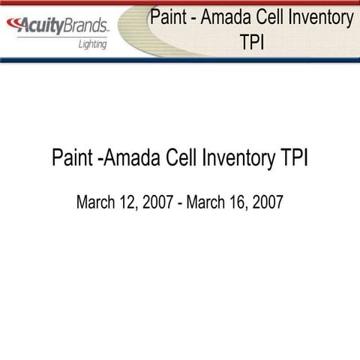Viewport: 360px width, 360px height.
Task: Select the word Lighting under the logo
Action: pyautogui.click(x=93, y=44)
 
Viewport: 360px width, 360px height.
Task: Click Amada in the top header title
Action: pyautogui.click(x=228, y=17)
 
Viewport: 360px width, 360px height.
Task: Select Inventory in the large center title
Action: pyautogui.click(x=238, y=159)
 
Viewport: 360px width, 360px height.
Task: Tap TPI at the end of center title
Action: pyautogui.click(x=293, y=159)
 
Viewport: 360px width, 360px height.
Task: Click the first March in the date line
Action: pyautogui.click(x=96, y=202)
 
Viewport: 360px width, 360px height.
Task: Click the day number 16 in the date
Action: pyautogui.click(x=238, y=202)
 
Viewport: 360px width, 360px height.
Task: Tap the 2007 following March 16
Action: pyautogui.click(x=268, y=202)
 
